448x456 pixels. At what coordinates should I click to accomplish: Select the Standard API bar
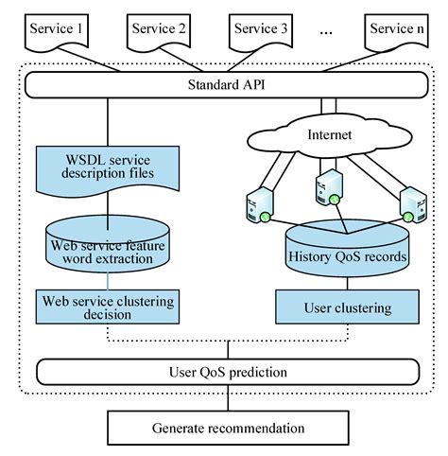(x=225, y=87)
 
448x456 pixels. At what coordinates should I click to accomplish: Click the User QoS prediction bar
(x=225, y=371)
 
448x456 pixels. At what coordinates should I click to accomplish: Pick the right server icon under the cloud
(x=412, y=204)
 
